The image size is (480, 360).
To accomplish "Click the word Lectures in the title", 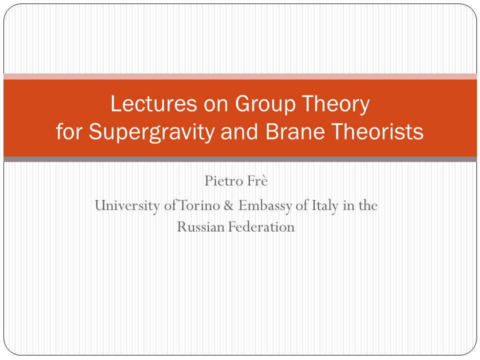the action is tap(153, 103).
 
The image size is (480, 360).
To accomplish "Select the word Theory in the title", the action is tap(336, 104).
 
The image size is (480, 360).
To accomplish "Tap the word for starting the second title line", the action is tap(69, 131).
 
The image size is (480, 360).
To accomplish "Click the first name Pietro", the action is tap(223, 180).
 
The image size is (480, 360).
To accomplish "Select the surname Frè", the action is tap(257, 180).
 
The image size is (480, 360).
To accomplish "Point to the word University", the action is tap(127, 205).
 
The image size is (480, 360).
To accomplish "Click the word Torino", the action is tap(199, 205).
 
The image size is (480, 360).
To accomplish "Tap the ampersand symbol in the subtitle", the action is tap(228, 205).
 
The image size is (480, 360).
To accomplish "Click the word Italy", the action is tap(324, 205).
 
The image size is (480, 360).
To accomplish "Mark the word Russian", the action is tap(201, 227).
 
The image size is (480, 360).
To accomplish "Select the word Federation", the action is tap(261, 227).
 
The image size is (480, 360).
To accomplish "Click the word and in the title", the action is tap(239, 131).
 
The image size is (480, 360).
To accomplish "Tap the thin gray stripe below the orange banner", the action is tap(240, 159).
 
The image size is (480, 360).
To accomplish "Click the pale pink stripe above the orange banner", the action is tap(240, 76).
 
